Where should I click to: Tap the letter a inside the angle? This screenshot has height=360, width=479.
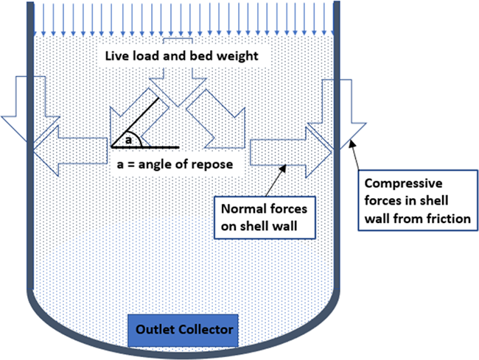point(127,138)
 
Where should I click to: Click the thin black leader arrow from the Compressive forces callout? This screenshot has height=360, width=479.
point(358,158)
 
